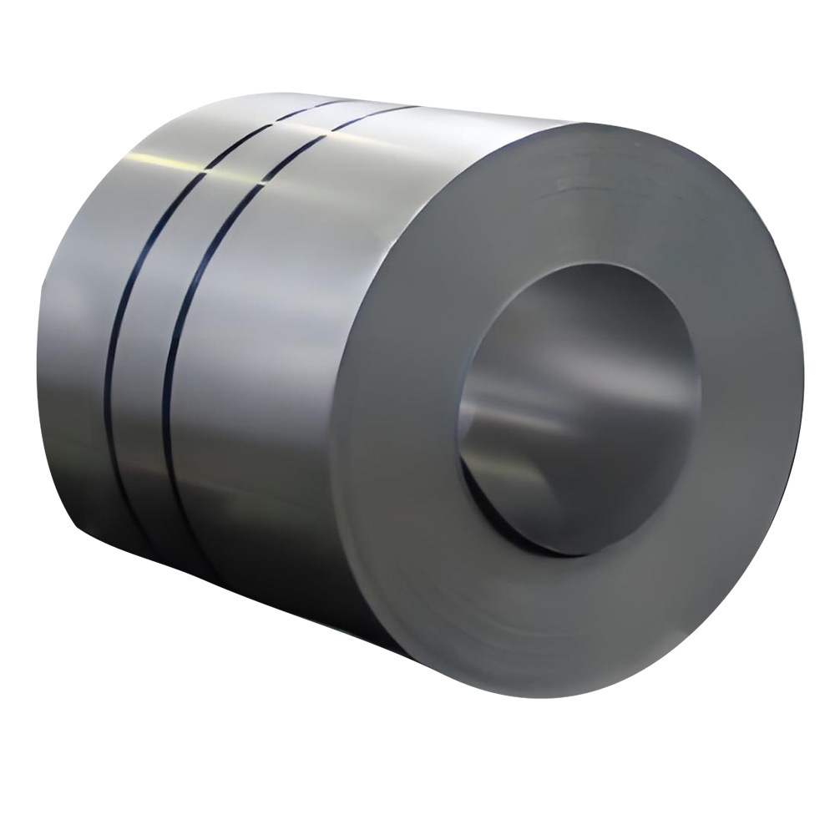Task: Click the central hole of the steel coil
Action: click(576, 409)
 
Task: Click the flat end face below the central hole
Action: click(568, 635)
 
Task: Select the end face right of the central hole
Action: click(743, 401)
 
